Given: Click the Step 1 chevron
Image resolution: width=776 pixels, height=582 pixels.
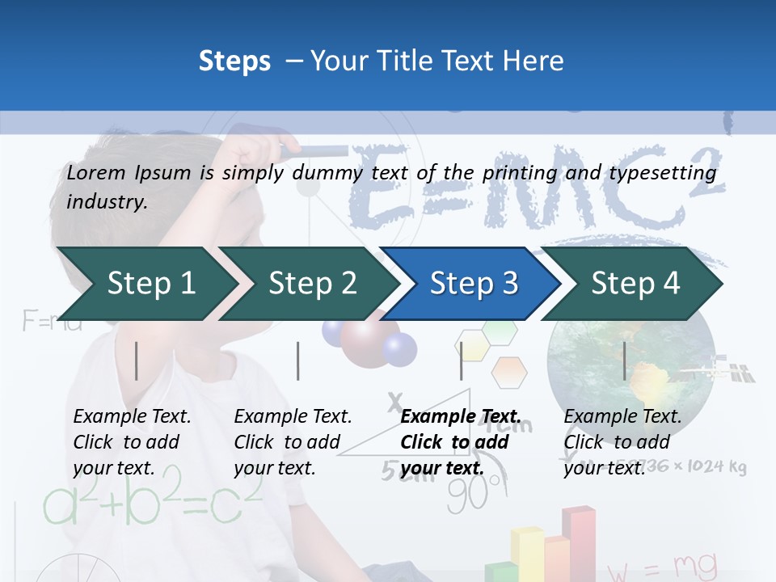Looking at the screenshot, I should tap(145, 284).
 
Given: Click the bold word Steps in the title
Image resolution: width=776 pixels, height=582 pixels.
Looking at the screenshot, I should tap(234, 61).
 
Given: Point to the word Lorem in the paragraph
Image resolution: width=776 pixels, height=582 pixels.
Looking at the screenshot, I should tap(96, 172).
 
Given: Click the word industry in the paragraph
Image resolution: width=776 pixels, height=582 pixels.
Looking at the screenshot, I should tap(107, 201).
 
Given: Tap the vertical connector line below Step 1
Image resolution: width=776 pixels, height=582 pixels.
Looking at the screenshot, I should tap(137, 361).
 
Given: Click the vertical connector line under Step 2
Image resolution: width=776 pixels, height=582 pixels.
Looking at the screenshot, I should tap(298, 361).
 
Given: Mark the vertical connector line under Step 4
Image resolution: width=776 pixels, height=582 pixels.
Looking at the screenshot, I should tap(625, 361).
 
